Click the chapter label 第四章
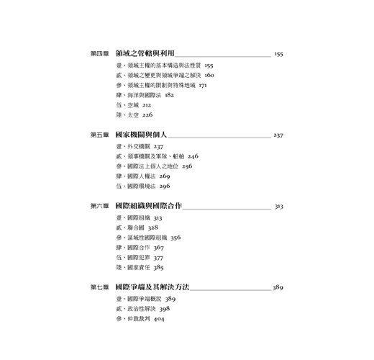coord(99,53)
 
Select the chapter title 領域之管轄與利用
coord(145,53)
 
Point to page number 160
coord(209,75)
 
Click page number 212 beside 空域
coord(147,105)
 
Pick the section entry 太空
coord(133,115)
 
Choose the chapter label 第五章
coord(99,135)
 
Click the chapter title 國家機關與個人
coord(141,135)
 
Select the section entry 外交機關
coord(139,146)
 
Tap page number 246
coord(193,156)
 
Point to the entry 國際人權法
coord(142,176)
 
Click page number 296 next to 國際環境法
coord(165,186)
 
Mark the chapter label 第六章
coord(99,206)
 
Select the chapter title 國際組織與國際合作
coord(149,206)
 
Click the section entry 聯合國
coord(136,228)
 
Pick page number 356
coord(175,238)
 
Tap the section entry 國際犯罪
coord(139,258)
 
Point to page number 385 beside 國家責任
coord(158,267)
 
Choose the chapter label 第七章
coord(99,287)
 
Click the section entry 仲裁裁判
coord(139,319)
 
